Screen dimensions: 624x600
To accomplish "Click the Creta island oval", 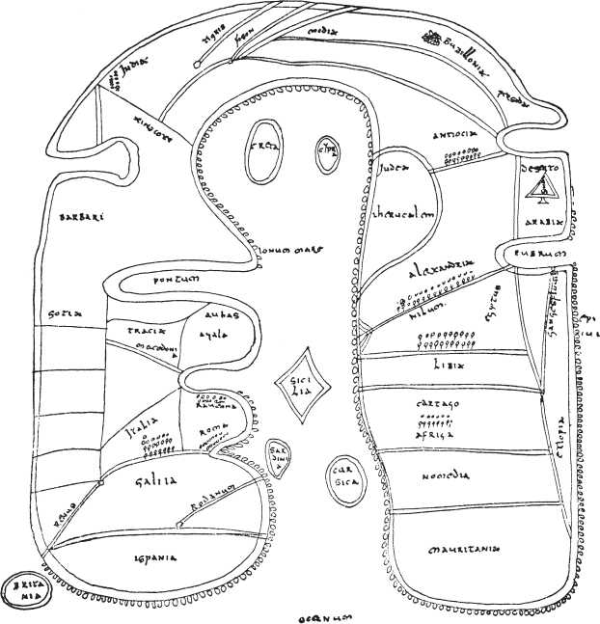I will point(261,150).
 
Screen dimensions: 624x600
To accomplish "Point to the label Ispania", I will point(150,556).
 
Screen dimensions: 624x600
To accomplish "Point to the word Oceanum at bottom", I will point(323,614).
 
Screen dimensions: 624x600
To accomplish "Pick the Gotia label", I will point(64,315).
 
